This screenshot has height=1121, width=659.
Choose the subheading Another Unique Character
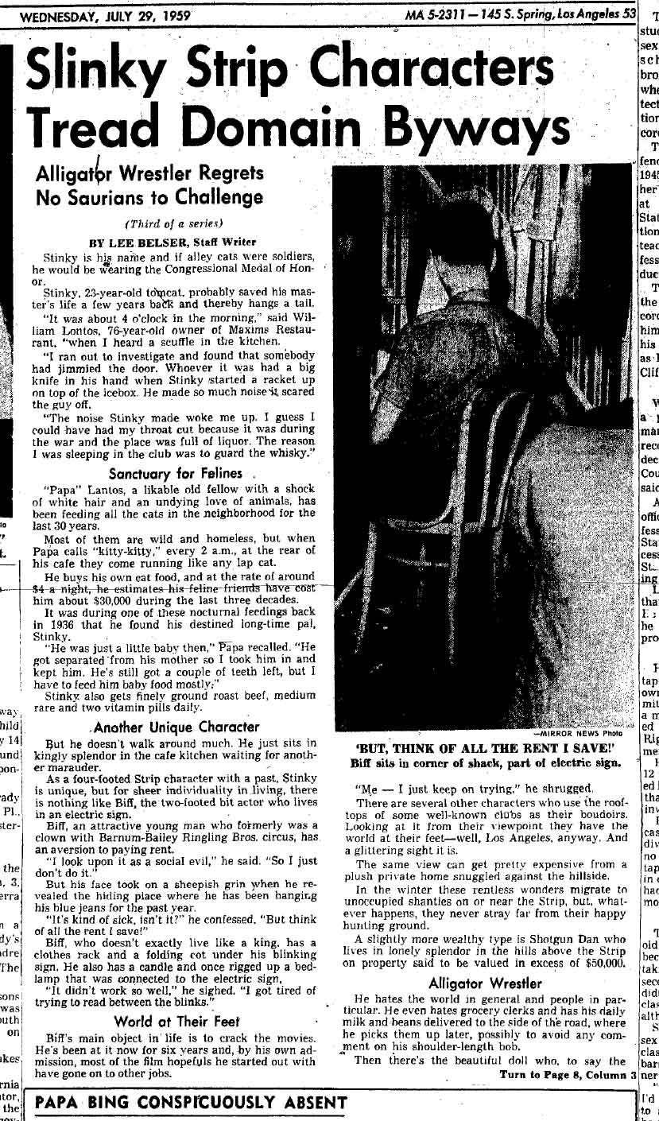tap(176, 727)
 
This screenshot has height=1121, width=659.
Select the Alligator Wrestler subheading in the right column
tap(485, 983)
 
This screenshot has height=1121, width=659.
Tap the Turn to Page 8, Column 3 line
tap(565, 1075)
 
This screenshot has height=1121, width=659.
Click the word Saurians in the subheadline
tap(118, 197)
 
